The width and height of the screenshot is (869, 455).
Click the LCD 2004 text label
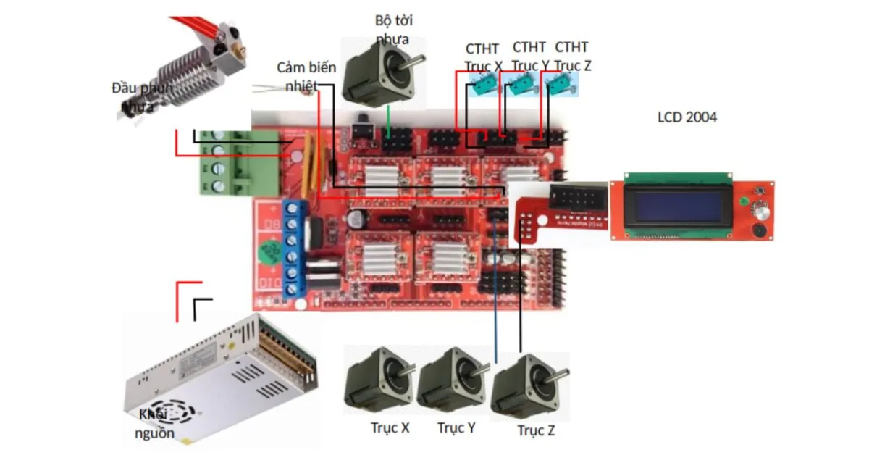pos(687,117)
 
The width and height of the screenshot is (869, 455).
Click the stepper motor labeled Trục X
pos(376,380)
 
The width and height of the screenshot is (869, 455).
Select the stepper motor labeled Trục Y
pos(450,380)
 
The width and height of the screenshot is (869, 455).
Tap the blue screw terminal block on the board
pos(294,247)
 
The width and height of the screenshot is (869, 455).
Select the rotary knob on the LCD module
pos(760,210)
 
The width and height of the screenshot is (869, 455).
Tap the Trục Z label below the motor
pos(536,431)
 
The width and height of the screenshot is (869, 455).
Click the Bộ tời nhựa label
pos(393,29)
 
